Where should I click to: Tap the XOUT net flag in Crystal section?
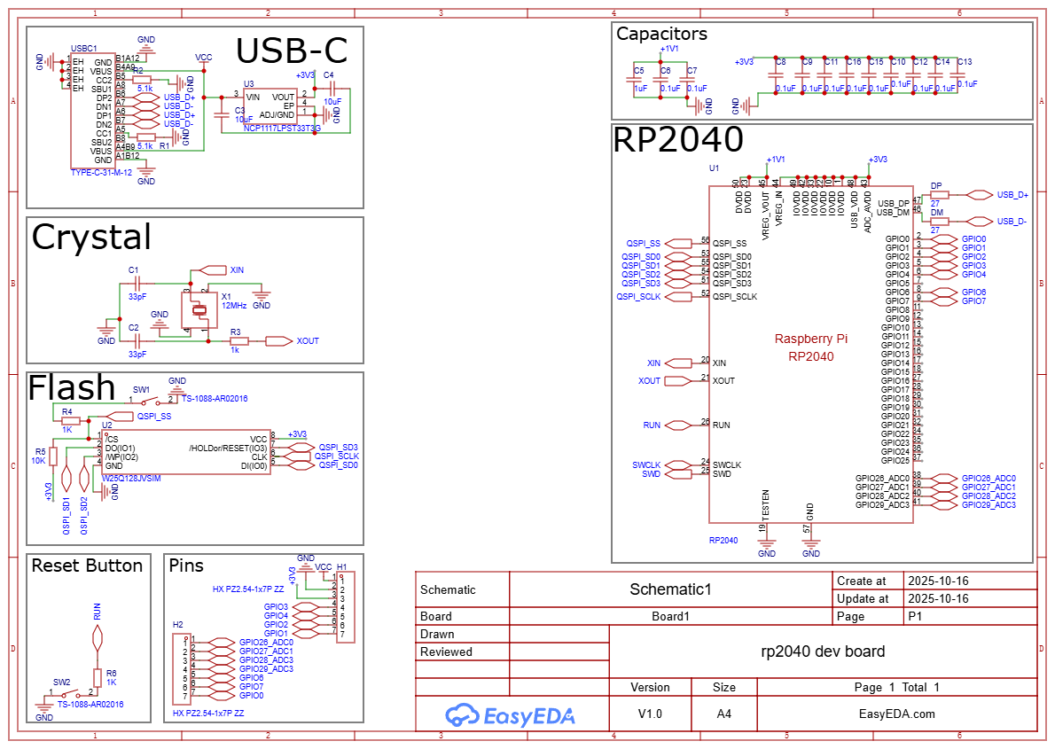[x=278, y=340]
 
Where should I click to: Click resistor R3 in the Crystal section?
[x=236, y=340]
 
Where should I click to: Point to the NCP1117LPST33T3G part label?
[x=282, y=129]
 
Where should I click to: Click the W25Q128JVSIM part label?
[x=132, y=477]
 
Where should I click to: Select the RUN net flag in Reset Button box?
[x=98, y=637]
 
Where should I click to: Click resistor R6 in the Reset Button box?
[x=98, y=678]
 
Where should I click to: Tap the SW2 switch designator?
[x=61, y=682]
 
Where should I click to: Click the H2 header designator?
[x=178, y=625]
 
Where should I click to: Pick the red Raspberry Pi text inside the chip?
[x=810, y=339]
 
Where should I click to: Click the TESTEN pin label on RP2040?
[x=766, y=504]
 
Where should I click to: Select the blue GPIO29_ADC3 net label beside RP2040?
[x=989, y=504]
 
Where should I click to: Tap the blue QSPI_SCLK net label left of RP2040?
[x=638, y=296]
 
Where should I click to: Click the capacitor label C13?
[x=965, y=62]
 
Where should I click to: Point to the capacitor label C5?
[x=638, y=69]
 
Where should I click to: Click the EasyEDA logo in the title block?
[x=510, y=714]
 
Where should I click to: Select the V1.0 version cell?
[x=650, y=714]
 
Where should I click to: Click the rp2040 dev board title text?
[x=823, y=651]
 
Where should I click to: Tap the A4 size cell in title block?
[x=723, y=714]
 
